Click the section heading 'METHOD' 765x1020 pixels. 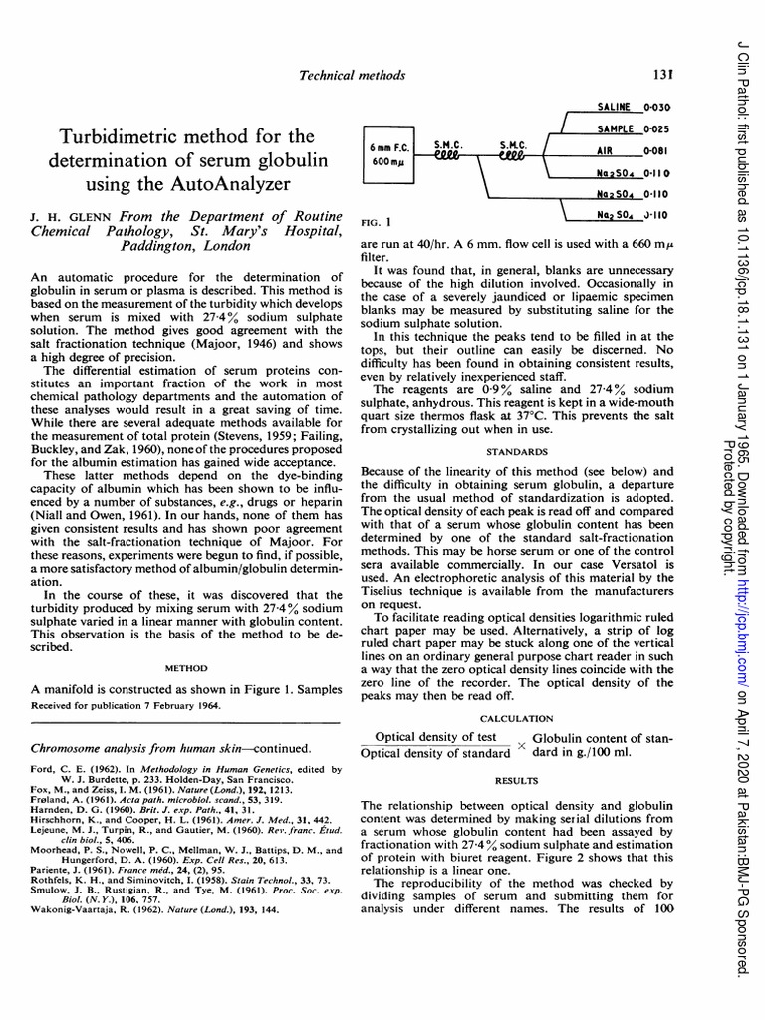click(185, 669)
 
